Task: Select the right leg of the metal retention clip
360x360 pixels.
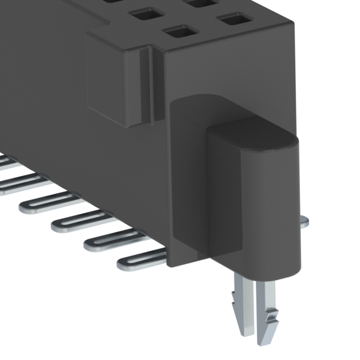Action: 269,307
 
